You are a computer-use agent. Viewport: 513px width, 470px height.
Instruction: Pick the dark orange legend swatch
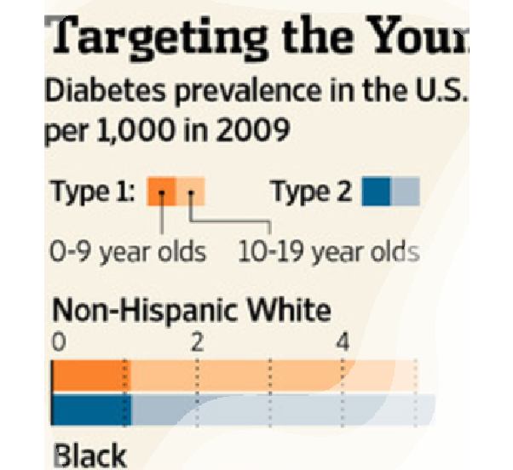pos(161,192)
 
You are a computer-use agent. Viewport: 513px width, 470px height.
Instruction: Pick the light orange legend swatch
pos(191,192)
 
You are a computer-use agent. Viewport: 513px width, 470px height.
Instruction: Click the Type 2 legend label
pos(310,192)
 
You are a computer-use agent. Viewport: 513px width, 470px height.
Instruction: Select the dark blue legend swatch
pos(377,192)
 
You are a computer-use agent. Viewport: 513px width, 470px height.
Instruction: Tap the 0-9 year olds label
pos(129,253)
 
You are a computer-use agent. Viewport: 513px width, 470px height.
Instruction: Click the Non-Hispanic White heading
pos(192,310)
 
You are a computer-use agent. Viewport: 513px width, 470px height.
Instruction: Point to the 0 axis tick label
pos(58,342)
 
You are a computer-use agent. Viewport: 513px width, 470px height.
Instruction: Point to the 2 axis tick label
pos(198,342)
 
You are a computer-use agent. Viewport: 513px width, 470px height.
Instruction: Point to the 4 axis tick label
pos(343,342)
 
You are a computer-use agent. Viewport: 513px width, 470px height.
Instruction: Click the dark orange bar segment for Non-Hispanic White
pos(89,375)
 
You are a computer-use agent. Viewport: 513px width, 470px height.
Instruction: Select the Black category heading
pos(90,455)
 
